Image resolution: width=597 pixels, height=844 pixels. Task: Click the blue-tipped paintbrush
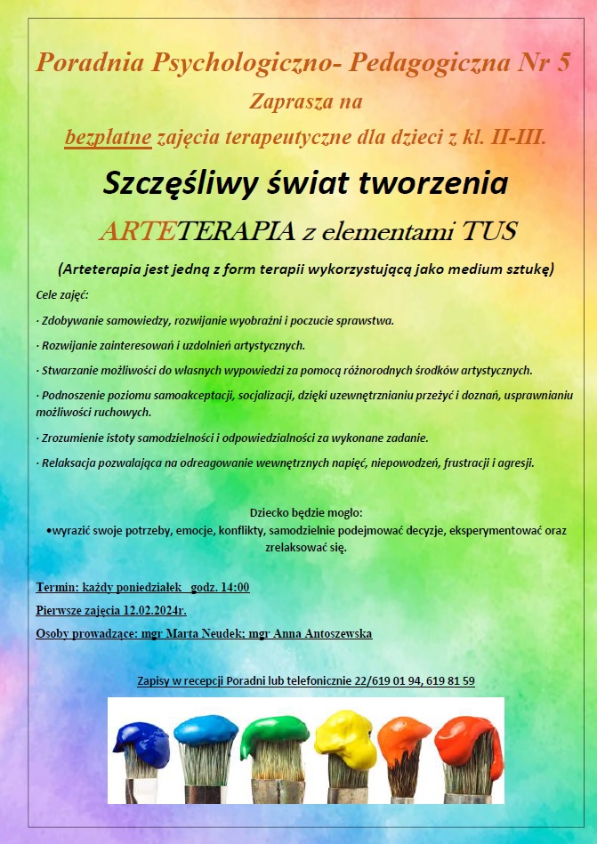[206, 733]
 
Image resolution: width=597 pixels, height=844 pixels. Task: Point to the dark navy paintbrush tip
[141, 743]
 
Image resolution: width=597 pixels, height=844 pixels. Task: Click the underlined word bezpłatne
[109, 138]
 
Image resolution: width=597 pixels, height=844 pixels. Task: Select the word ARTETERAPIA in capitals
[195, 232]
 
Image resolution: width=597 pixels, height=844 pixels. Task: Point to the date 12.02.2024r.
[149, 610]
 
